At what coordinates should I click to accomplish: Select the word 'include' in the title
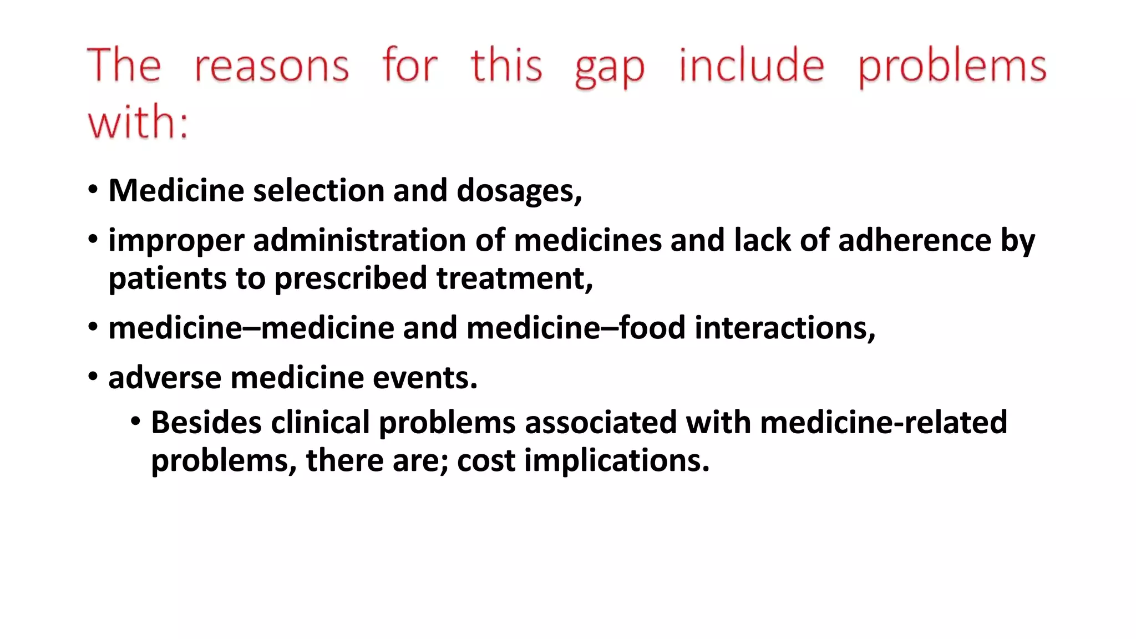(x=752, y=65)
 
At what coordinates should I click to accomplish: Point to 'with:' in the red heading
(x=138, y=121)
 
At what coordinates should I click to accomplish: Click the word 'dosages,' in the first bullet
(x=519, y=191)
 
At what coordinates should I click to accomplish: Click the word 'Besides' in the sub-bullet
(x=206, y=423)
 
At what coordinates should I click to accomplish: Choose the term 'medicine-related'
(x=883, y=423)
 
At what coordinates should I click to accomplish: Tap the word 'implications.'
(x=616, y=460)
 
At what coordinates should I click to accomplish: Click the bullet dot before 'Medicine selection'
(x=93, y=190)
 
